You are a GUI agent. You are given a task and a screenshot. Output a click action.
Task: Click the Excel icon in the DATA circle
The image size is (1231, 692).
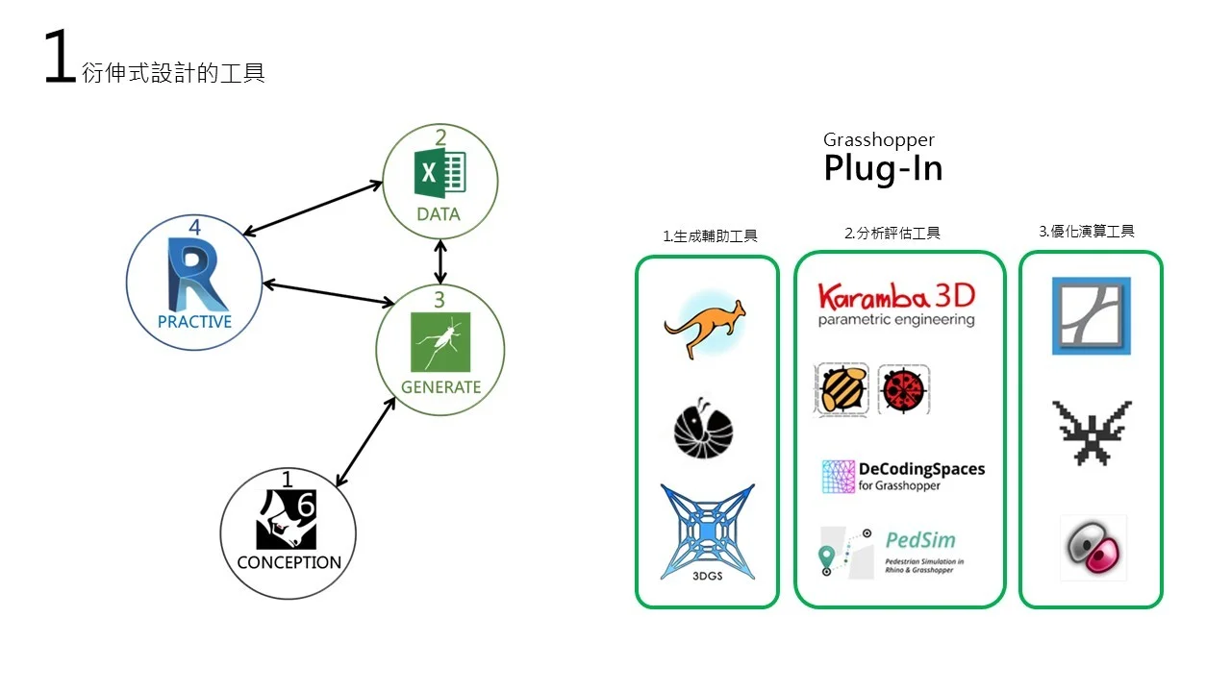click(439, 177)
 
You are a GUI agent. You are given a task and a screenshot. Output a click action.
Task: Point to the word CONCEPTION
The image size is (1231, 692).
click(289, 562)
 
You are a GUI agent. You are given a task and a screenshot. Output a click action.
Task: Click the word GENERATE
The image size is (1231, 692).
click(440, 387)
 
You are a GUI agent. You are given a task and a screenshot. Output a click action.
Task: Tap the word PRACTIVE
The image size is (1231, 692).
click(194, 322)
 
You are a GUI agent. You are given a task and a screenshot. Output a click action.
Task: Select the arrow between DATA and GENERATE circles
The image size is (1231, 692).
click(440, 261)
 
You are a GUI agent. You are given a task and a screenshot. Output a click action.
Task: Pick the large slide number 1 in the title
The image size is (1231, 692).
click(60, 58)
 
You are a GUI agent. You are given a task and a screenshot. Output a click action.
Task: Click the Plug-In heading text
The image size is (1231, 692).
click(882, 169)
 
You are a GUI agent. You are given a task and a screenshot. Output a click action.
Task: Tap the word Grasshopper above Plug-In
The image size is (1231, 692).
click(878, 140)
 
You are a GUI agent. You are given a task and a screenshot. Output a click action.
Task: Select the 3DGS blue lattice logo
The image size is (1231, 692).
click(707, 532)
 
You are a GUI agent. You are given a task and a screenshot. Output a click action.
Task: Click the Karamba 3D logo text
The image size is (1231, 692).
click(895, 296)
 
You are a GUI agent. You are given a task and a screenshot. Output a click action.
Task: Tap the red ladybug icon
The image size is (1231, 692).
click(903, 389)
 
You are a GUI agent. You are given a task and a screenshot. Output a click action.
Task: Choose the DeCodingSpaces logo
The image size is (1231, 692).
click(903, 476)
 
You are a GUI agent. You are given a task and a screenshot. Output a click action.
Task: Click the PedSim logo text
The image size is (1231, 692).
click(920, 541)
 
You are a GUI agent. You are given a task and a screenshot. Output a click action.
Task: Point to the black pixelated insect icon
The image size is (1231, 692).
click(1092, 432)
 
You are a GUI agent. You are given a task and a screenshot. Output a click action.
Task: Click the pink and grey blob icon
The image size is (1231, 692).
click(1093, 548)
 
